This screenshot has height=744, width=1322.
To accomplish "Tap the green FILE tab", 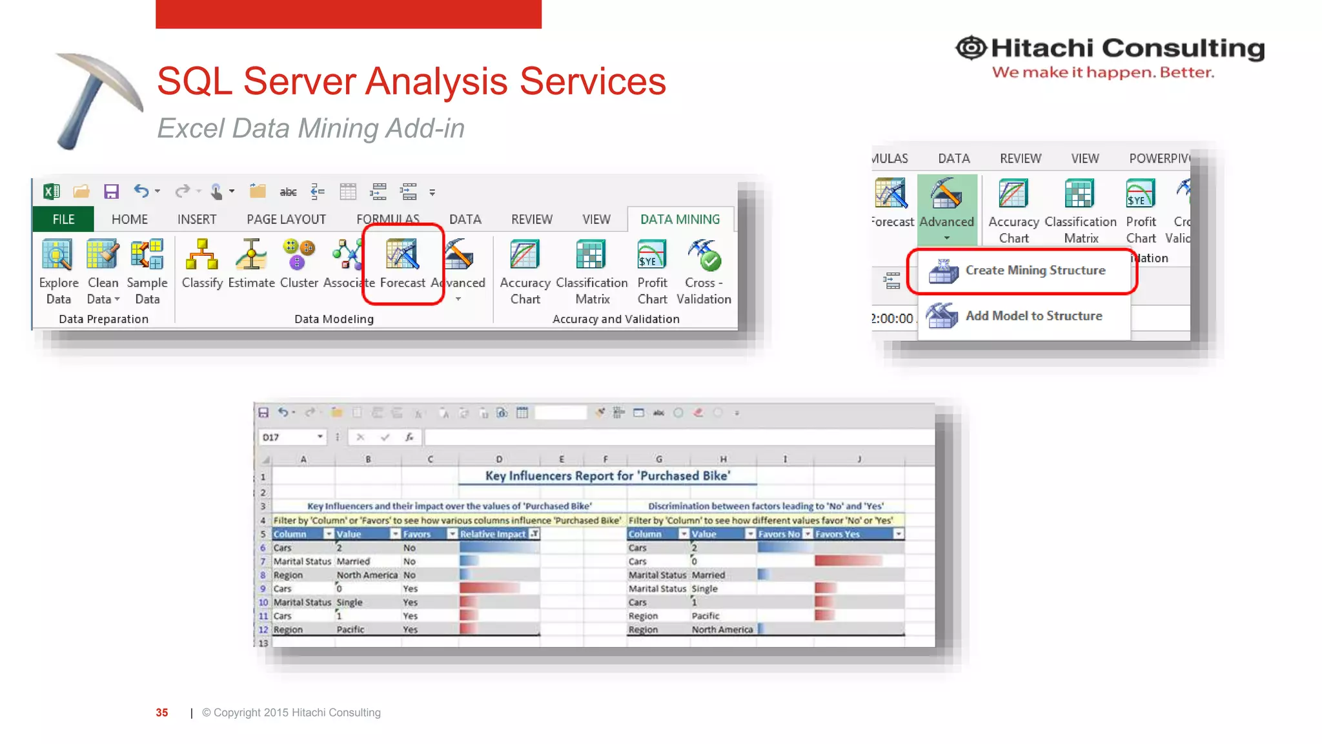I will pos(63,220).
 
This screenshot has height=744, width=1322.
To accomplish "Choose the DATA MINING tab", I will pos(680,220).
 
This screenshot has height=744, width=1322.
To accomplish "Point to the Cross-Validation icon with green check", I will pos(704,256).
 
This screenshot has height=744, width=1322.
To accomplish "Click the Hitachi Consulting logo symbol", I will pos(971,48).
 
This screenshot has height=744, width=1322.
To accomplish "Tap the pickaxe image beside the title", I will pos(98,98).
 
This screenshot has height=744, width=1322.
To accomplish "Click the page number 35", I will pos(162,713).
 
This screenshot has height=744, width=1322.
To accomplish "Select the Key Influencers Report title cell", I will pos(607,476).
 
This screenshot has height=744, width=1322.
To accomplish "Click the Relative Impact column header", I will pos(494,534).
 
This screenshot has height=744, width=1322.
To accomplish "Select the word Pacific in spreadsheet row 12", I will pos(351,630).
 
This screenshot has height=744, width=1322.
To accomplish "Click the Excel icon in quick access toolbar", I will pos(52,192).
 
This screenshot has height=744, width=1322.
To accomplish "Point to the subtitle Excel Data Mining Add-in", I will pos(310,129).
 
